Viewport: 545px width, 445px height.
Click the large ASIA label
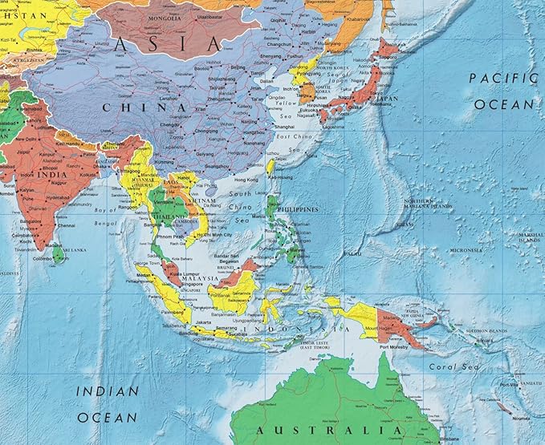tap(167, 44)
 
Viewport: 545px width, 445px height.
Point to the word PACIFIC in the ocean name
tap(502, 79)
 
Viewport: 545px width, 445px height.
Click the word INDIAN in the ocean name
tap(105, 391)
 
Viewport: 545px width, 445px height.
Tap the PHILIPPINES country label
tap(296, 209)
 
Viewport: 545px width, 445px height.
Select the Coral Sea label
tap(441, 368)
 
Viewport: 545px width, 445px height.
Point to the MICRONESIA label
tap(466, 249)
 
